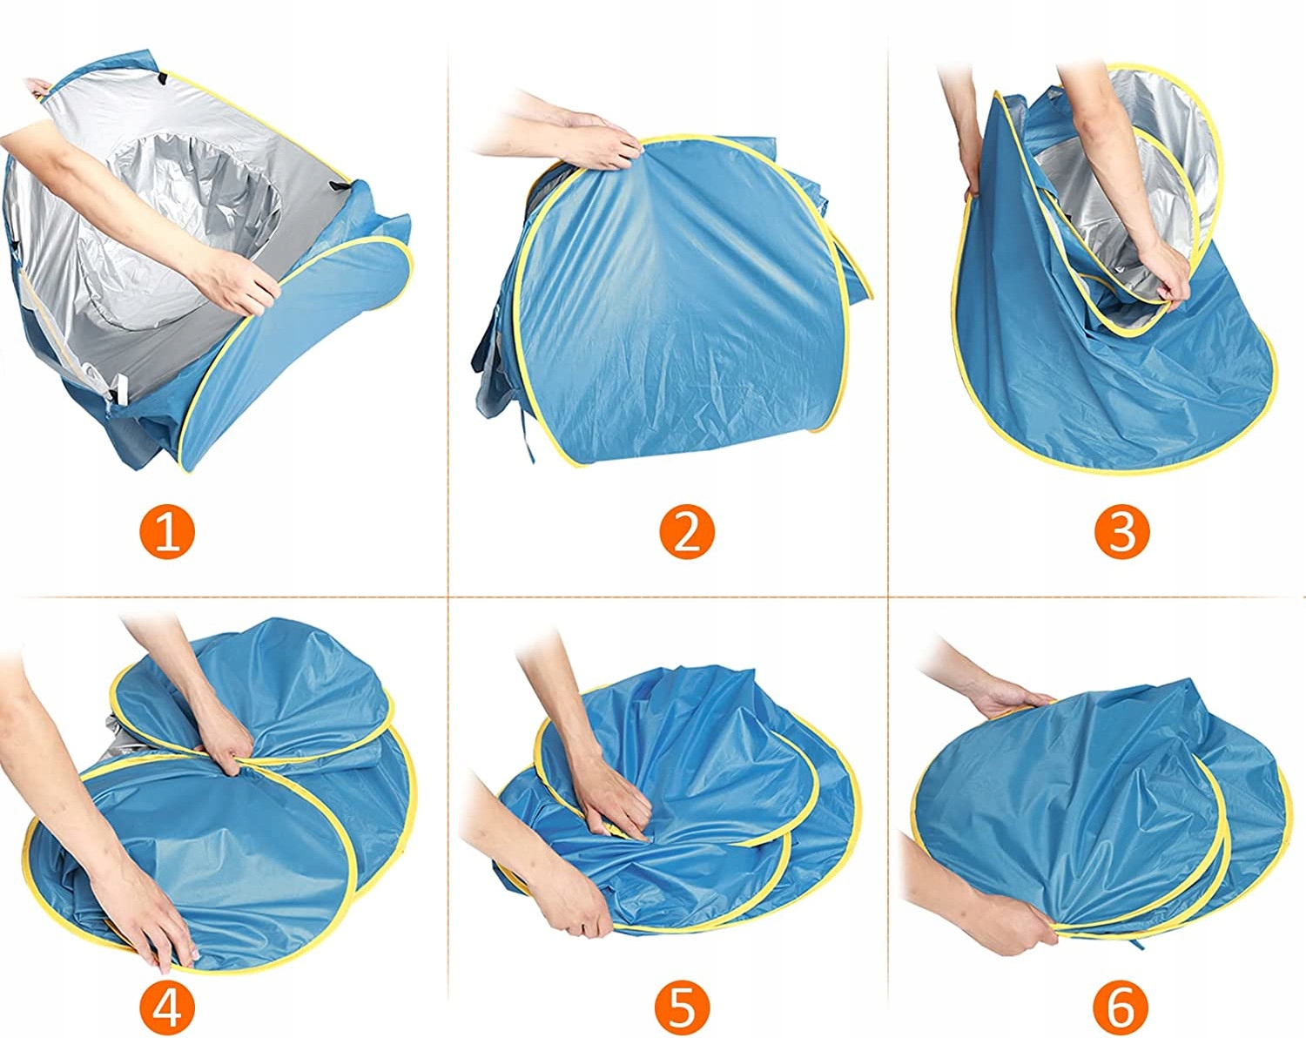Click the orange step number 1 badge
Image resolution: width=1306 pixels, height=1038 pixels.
tap(167, 532)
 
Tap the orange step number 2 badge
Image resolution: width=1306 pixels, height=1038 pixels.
tap(687, 532)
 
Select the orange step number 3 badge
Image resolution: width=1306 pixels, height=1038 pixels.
tap(1121, 532)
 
